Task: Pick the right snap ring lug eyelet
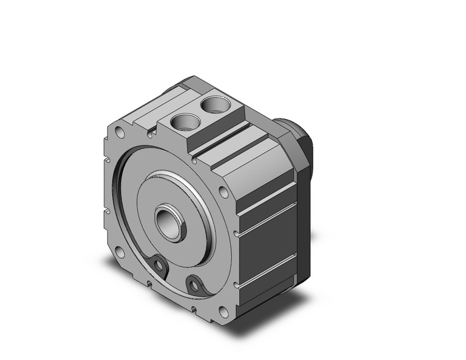195,285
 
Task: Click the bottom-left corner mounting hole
121,253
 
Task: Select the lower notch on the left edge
107,212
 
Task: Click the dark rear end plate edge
304,233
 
